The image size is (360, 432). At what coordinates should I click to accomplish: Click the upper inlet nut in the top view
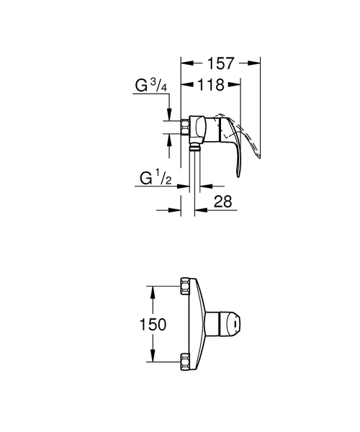pos(185,284)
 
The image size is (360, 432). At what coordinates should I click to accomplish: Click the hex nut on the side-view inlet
pos(186,127)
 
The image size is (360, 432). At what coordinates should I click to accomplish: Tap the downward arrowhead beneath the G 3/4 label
pos(169,114)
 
